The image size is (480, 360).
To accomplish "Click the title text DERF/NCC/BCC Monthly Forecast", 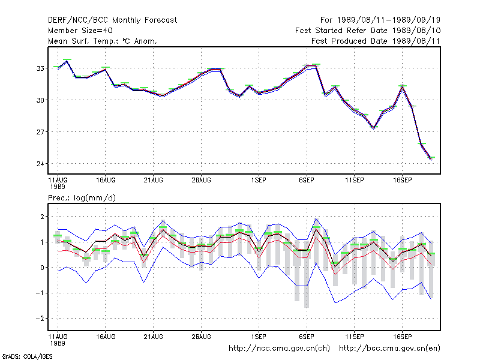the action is tap(112, 20).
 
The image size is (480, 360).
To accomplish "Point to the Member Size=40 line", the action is tap(80, 31).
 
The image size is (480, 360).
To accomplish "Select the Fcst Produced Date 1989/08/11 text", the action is tap(376, 41).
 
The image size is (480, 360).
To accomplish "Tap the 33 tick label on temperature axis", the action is tap(40, 68).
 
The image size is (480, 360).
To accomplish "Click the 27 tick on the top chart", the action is tap(40, 132).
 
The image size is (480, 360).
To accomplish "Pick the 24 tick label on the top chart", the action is tap(40, 164).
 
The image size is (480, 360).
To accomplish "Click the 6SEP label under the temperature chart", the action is tap(307, 180).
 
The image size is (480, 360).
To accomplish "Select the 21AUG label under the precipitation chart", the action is tap(154, 337).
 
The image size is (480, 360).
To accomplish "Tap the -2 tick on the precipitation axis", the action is tap(40, 319).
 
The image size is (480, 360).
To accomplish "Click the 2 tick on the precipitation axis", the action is tap(42, 217).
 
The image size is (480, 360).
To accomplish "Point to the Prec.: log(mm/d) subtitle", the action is tap(82, 198).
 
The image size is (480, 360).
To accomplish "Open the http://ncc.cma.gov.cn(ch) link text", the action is tap(279, 349).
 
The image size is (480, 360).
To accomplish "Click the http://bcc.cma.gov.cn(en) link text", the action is tap(389, 349).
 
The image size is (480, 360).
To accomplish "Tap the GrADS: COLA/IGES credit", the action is tap(28, 356).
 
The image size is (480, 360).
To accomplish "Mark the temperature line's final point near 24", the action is tap(431, 158).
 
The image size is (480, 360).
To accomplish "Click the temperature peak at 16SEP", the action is tap(402, 86).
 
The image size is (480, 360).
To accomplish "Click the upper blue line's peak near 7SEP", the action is tap(316, 218).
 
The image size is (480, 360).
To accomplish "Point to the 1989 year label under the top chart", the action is tap(58, 187).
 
